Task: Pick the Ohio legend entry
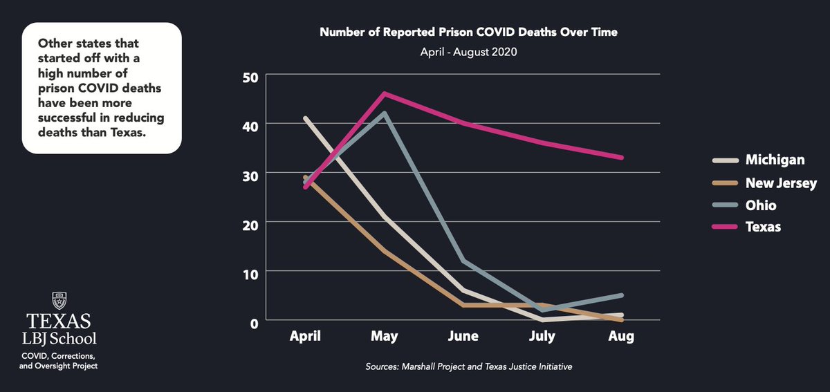coord(761,205)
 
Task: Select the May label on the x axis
coord(385,337)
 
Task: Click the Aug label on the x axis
coord(621,337)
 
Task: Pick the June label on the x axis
coord(463,337)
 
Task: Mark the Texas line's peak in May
coord(385,93)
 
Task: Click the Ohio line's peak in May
coord(385,113)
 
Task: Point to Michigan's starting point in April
coord(306,118)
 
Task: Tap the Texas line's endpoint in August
coord(622,158)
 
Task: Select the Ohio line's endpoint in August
coord(622,295)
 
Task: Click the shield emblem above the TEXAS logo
coord(59,301)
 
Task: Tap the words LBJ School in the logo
coord(59,339)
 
